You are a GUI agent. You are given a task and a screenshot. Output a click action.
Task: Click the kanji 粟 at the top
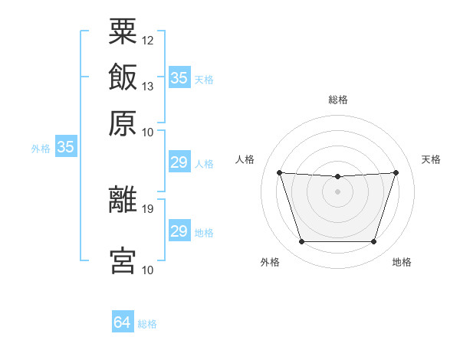[x=123, y=31]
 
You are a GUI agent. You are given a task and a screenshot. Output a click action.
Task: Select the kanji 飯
[x=123, y=77]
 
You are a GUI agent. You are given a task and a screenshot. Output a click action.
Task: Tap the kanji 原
[x=123, y=123]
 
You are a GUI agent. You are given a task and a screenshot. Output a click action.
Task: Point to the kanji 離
[x=123, y=199]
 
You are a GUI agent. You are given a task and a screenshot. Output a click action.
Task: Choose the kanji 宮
[x=123, y=260]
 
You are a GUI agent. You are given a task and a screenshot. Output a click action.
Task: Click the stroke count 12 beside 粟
[x=147, y=41]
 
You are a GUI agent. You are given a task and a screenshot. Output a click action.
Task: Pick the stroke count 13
[x=147, y=87]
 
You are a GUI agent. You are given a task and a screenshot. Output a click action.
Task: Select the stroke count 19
[x=147, y=209]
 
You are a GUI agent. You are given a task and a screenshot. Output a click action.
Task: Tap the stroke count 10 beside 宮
[x=147, y=270]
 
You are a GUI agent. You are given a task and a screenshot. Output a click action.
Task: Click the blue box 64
[x=123, y=321]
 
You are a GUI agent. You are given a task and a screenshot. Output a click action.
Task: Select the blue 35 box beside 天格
[x=179, y=77]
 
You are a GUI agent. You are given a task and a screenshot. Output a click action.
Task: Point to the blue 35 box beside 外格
[x=66, y=146]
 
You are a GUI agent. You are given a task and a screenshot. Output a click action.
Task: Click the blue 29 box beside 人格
[x=179, y=162]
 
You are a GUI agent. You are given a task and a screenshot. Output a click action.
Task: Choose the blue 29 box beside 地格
[x=179, y=230]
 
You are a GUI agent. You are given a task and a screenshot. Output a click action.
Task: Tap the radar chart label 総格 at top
[x=338, y=100]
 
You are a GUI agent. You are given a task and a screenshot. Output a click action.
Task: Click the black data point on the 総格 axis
[x=337, y=176]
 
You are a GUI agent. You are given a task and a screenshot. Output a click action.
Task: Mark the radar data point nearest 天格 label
[x=396, y=172]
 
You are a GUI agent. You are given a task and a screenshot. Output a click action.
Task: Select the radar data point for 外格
[x=302, y=241]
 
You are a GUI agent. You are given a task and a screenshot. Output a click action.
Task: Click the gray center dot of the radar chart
[x=337, y=191]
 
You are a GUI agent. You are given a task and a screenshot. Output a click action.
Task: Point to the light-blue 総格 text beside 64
[x=147, y=324]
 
